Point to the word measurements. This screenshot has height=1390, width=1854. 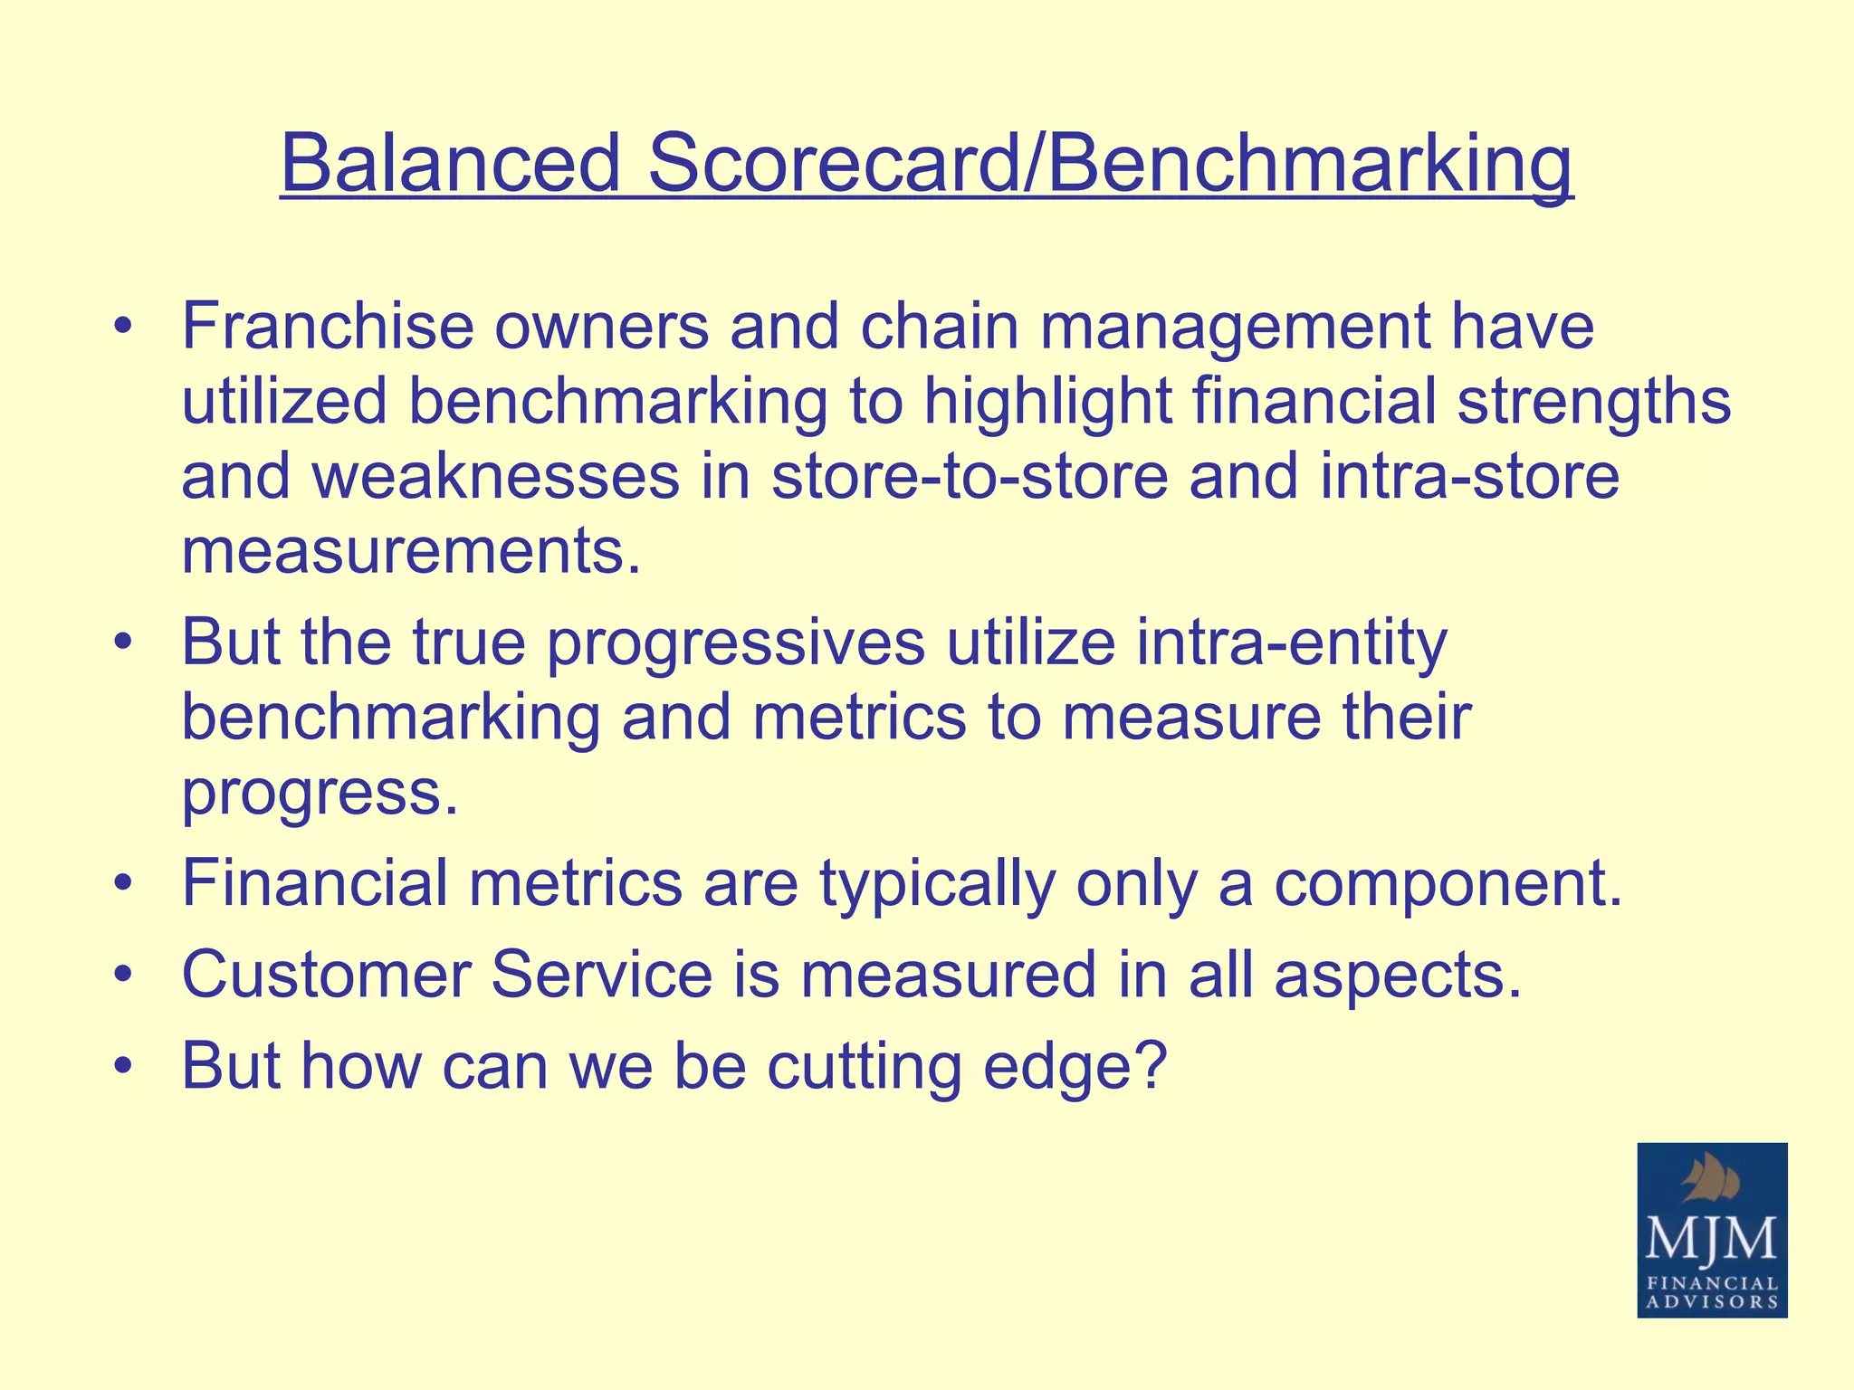411,551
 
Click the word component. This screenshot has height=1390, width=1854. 1448,885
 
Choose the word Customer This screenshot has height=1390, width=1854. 325,975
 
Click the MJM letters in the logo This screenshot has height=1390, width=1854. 1711,1238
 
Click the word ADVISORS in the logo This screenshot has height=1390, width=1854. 1712,1302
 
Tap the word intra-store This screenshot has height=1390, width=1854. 1469,477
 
